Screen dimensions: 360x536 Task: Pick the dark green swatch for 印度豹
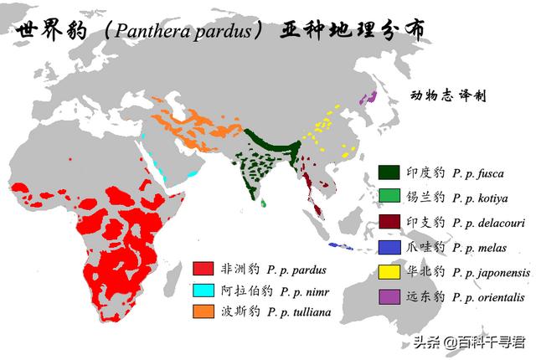388,172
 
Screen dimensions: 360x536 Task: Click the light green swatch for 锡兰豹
388,198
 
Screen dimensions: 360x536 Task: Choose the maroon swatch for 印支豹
388,222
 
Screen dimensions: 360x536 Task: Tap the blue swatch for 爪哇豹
388,247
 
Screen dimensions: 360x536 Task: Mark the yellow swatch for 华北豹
388,272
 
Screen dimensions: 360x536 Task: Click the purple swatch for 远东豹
388,296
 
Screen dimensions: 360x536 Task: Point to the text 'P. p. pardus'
296,270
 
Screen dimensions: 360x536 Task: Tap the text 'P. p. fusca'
478,173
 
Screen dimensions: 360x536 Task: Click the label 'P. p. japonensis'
491,272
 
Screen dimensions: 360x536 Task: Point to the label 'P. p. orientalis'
490,297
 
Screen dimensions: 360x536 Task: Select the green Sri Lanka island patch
263,203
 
